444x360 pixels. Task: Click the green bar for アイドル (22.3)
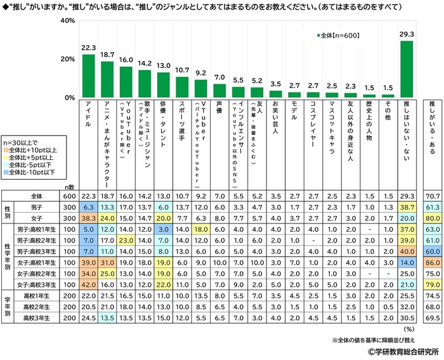pyautogui.click(x=89, y=76)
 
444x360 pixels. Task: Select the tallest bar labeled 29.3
pyautogui.click(x=407, y=70)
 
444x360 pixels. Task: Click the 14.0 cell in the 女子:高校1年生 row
pyautogui.click(x=407, y=262)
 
